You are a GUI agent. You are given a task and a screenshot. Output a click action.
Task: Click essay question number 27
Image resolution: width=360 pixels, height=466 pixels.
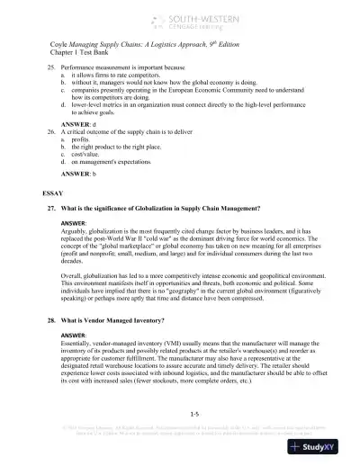(x=53, y=208)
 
